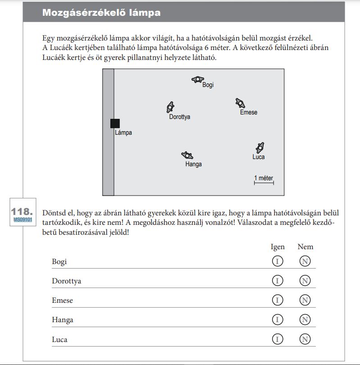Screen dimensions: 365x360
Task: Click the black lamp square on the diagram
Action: [x=115, y=123]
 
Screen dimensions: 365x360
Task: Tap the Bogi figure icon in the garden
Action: [x=197, y=80]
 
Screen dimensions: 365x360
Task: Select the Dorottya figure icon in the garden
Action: [x=170, y=107]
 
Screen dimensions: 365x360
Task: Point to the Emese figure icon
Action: [x=240, y=103]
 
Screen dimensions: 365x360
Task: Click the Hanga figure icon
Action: [x=187, y=155]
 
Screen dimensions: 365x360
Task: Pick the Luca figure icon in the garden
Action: [x=260, y=147]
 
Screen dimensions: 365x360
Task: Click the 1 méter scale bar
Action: [x=264, y=182]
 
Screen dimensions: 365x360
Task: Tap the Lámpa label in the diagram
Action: [x=123, y=133]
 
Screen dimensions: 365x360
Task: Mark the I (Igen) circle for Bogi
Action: [x=278, y=261]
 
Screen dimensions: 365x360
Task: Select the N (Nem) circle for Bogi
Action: [x=305, y=261]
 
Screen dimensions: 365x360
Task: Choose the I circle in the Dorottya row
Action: [x=278, y=281]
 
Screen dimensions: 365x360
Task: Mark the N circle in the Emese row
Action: [x=305, y=300]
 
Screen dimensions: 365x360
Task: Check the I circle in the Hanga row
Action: [x=278, y=320]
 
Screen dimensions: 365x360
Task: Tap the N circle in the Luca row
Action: [x=305, y=339]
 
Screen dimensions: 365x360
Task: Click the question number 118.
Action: [x=22, y=211]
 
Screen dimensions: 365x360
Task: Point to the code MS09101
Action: [x=23, y=219]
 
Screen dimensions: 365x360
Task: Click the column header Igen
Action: [x=278, y=247]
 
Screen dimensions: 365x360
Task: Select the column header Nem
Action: [x=305, y=247]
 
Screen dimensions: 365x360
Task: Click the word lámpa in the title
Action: [x=144, y=13]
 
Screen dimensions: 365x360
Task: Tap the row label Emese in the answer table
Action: [x=62, y=301]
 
